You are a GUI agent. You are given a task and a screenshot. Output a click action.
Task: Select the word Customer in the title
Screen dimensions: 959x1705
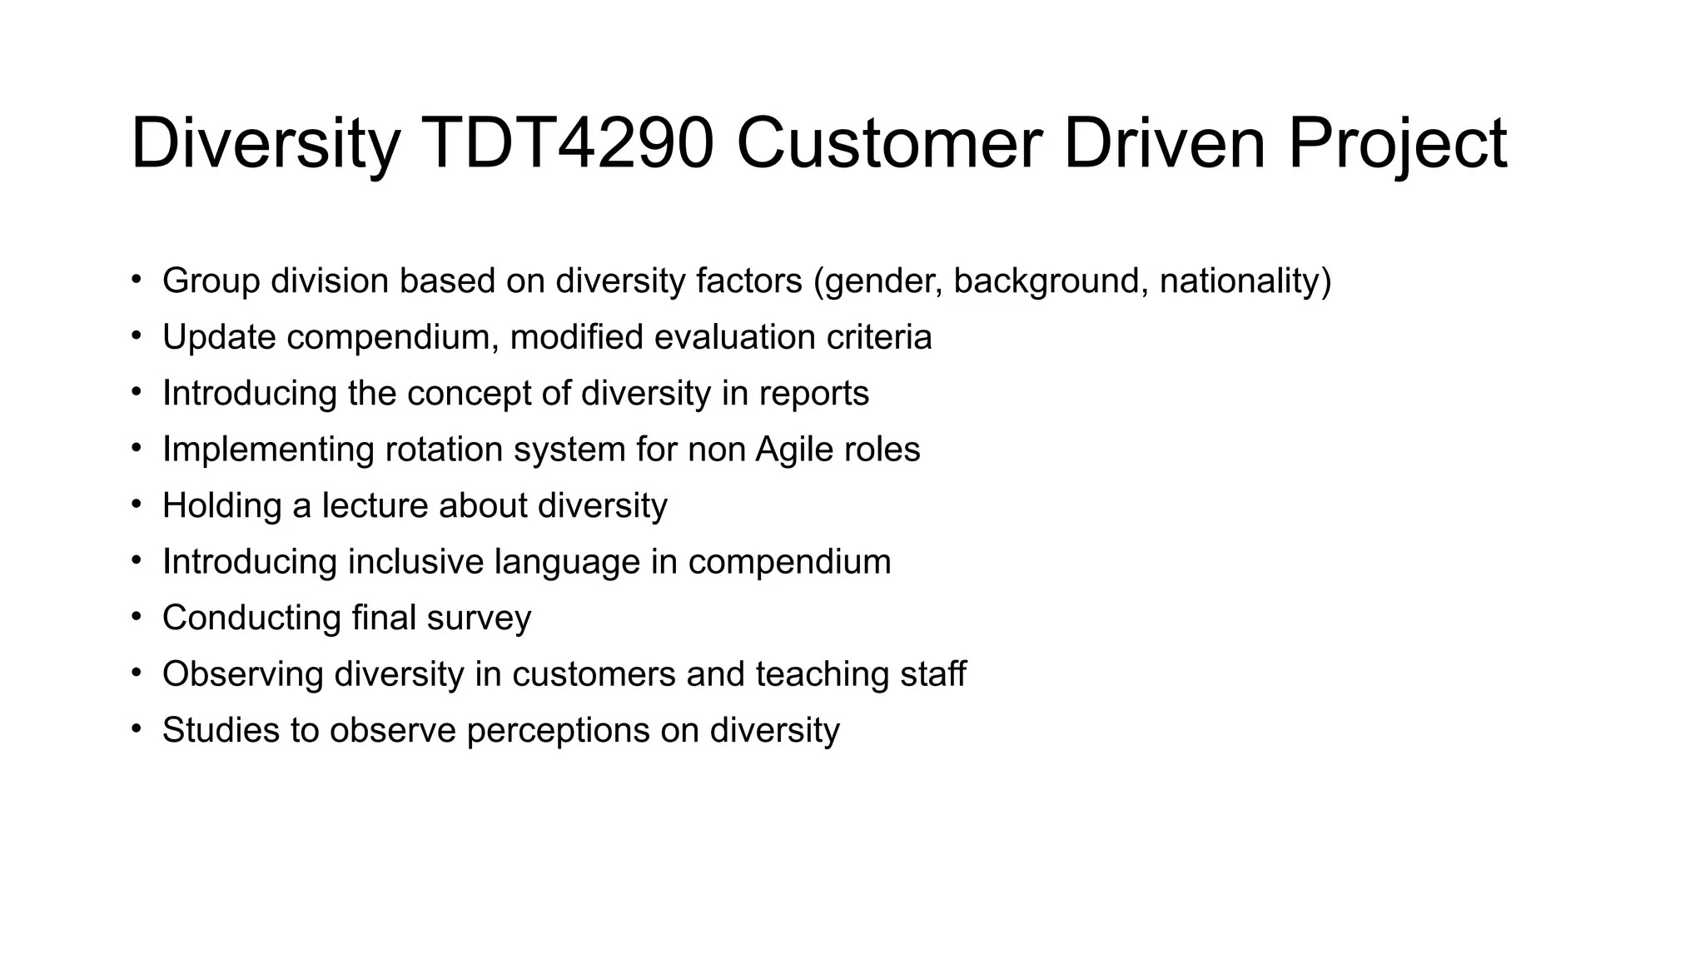pyautogui.click(x=888, y=143)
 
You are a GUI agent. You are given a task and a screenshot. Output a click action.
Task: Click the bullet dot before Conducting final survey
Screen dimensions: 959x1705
pyautogui.click(x=137, y=617)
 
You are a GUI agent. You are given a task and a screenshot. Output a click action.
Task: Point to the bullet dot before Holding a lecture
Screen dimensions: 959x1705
pyautogui.click(x=137, y=504)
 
